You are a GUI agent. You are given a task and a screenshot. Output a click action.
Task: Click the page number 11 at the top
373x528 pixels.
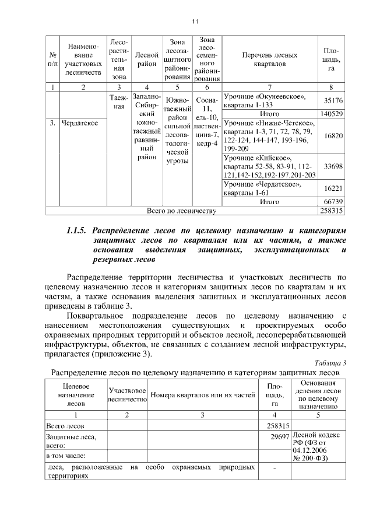point(195,22)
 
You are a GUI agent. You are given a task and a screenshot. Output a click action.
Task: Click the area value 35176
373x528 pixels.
point(333,100)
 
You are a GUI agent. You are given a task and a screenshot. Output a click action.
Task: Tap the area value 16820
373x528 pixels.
point(333,135)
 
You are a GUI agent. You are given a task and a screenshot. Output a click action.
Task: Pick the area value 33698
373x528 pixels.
point(333,166)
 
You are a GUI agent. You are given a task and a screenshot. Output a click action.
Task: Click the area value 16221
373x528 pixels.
point(333,189)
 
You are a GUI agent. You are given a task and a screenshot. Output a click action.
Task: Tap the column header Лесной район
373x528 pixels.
point(146,59)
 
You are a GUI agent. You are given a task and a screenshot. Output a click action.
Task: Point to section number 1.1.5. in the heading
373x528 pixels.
point(78,230)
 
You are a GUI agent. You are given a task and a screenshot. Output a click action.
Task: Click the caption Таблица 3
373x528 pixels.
point(332,362)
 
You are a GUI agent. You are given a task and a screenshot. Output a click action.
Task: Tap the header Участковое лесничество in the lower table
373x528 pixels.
point(126,395)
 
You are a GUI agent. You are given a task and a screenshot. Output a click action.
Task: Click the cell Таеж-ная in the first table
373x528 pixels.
point(118,102)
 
